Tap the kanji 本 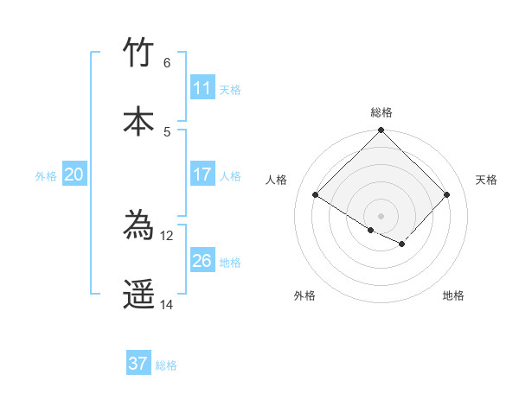point(138,120)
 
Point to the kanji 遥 point(138,294)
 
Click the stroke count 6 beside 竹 point(166,62)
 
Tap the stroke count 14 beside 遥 point(166,304)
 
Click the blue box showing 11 point(202,88)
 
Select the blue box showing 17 point(202,174)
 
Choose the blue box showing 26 point(202,261)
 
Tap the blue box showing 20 point(74,174)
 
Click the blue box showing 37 point(138,364)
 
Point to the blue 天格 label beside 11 point(230,90)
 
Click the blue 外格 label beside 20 point(46,176)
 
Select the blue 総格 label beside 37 point(166,365)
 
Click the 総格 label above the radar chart point(381,112)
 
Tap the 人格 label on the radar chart point(277,180)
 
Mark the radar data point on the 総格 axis point(381,131)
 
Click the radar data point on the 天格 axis point(446,195)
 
